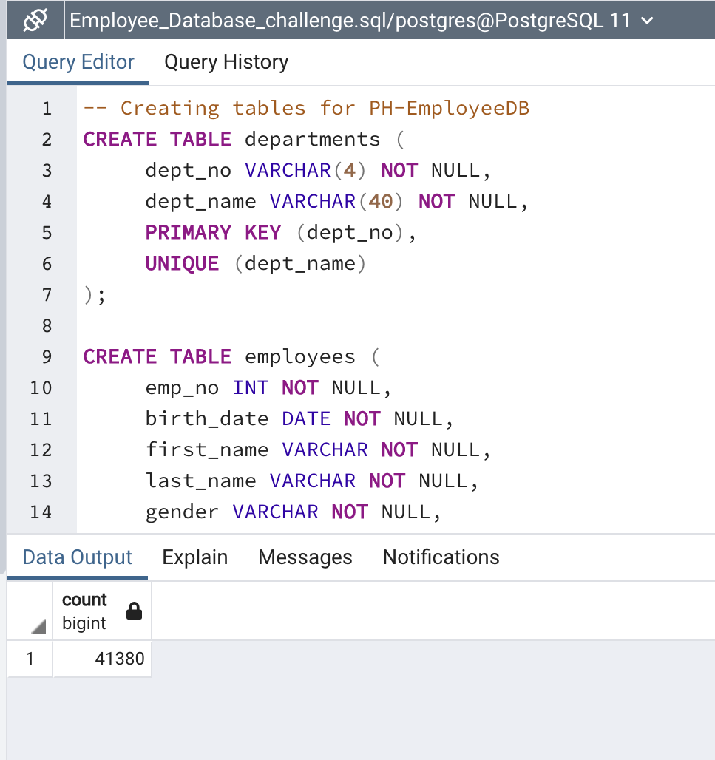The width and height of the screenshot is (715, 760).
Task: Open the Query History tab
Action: tap(226, 62)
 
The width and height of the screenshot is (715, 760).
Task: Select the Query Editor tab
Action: tap(78, 62)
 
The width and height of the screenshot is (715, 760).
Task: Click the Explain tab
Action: tap(195, 557)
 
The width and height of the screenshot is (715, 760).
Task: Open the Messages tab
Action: tap(305, 557)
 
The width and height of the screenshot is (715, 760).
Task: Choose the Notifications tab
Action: tap(441, 557)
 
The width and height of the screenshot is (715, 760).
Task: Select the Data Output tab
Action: tap(78, 557)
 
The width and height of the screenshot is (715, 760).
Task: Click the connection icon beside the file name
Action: tap(35, 21)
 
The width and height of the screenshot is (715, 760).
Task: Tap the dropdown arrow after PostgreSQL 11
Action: tap(648, 21)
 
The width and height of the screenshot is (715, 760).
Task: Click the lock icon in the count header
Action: tap(134, 611)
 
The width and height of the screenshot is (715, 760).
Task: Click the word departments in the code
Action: tap(312, 139)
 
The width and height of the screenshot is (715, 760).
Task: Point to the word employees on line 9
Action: tap(299, 356)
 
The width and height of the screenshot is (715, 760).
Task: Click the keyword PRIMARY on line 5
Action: tap(189, 232)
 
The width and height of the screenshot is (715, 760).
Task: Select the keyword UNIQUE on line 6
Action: tap(182, 263)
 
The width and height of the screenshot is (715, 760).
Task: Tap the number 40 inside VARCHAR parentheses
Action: tap(381, 201)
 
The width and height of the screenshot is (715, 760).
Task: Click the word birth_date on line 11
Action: tap(207, 418)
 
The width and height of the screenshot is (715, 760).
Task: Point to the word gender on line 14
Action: tap(182, 512)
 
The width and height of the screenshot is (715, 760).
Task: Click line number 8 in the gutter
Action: tap(47, 325)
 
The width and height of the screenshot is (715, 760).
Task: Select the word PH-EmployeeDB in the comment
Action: tap(449, 108)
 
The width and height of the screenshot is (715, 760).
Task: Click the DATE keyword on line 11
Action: tap(306, 418)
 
